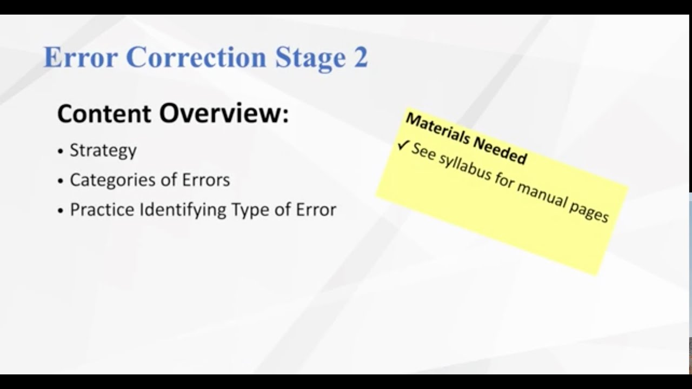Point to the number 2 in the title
click(x=361, y=57)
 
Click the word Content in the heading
click(x=104, y=113)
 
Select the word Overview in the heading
click(x=223, y=113)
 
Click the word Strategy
click(x=103, y=150)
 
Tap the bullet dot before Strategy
click(x=61, y=151)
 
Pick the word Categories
click(x=111, y=179)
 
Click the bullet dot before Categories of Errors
click(x=61, y=181)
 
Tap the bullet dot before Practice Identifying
click(x=61, y=211)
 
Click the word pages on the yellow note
click(x=589, y=211)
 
